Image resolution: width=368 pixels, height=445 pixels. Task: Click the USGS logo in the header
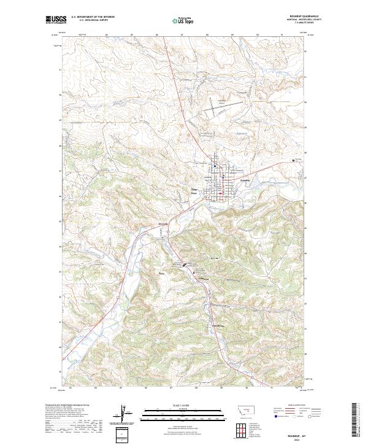(56, 20)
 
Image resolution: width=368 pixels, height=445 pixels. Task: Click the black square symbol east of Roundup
(293, 161)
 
